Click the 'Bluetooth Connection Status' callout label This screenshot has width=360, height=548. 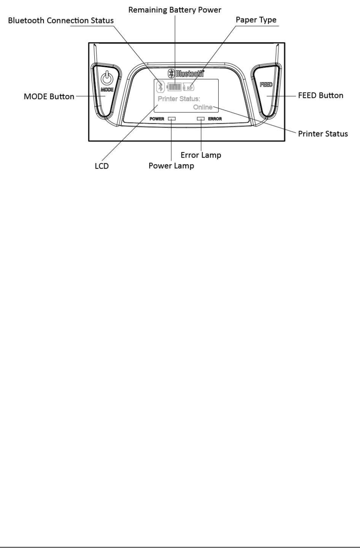point(61,21)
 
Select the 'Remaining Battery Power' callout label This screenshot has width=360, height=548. point(175,10)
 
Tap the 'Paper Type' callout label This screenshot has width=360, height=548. point(256,20)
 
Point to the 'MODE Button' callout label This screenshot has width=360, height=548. point(49,97)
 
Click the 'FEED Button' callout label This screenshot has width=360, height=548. point(321,96)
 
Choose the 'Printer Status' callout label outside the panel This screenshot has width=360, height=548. point(323,134)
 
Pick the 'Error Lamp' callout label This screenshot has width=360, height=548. point(201,155)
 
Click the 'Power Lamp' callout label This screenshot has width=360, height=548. point(171,166)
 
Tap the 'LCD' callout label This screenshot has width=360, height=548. point(101,166)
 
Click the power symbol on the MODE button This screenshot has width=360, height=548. point(107,78)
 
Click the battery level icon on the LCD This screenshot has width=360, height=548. point(174,87)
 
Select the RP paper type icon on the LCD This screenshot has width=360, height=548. point(189,87)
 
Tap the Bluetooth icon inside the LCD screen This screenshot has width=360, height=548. point(160,87)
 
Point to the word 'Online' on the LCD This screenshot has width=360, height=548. point(203,107)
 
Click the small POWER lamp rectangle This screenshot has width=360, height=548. point(172,119)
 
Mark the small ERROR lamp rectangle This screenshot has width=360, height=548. point(201,119)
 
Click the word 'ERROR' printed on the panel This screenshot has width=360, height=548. point(215,119)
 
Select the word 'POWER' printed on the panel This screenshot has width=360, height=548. point(157,119)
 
